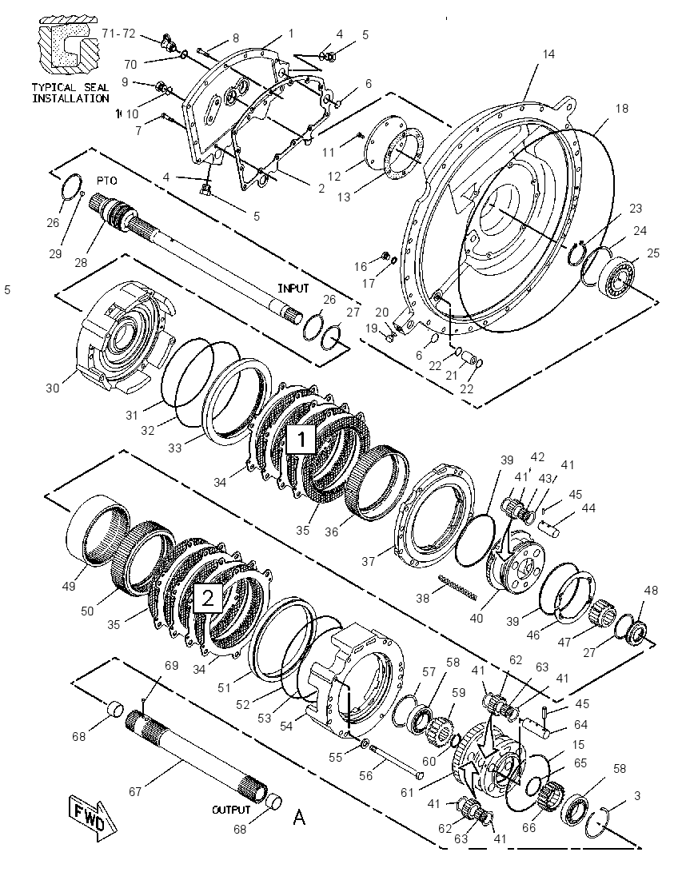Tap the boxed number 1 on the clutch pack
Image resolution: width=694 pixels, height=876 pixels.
(x=301, y=440)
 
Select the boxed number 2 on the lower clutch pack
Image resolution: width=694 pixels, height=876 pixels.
(x=207, y=599)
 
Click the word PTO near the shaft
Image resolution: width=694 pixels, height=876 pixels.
(x=106, y=181)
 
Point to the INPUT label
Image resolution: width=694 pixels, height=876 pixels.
(x=293, y=289)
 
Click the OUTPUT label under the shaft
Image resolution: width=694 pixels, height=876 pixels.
(x=231, y=810)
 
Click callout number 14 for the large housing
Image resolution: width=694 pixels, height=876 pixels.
(x=548, y=54)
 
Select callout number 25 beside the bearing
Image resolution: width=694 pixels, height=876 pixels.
(x=652, y=253)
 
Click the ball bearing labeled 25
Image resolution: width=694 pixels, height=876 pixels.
(x=617, y=277)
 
